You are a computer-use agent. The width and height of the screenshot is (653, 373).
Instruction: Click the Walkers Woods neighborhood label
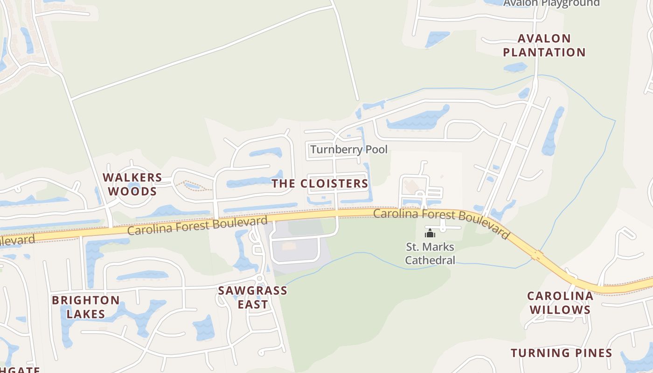[132, 184]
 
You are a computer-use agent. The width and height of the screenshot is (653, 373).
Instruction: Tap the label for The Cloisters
[320, 184]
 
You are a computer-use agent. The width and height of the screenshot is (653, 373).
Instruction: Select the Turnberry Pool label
[348, 150]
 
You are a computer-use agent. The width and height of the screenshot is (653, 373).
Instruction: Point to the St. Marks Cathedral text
[430, 253]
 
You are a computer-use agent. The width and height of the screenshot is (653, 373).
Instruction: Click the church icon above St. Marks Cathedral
[430, 233]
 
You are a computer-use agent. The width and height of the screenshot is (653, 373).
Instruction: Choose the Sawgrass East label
[253, 297]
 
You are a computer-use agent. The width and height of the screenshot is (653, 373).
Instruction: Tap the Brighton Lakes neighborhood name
[86, 307]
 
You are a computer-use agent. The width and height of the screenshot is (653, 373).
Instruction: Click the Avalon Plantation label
[544, 45]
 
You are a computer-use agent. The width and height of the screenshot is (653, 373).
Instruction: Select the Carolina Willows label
[560, 303]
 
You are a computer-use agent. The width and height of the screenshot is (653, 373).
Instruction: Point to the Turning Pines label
[561, 353]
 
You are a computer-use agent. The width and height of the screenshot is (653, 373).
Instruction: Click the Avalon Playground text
[551, 3]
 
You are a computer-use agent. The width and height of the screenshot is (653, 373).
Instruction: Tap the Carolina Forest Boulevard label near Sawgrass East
[197, 225]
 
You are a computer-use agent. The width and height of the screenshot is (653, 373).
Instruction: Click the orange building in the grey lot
[289, 246]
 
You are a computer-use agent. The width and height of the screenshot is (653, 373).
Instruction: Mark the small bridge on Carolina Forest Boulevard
[538, 256]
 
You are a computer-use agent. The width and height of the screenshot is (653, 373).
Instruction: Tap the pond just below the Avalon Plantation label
[515, 67]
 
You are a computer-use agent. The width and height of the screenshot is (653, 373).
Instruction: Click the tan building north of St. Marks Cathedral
[412, 186]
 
